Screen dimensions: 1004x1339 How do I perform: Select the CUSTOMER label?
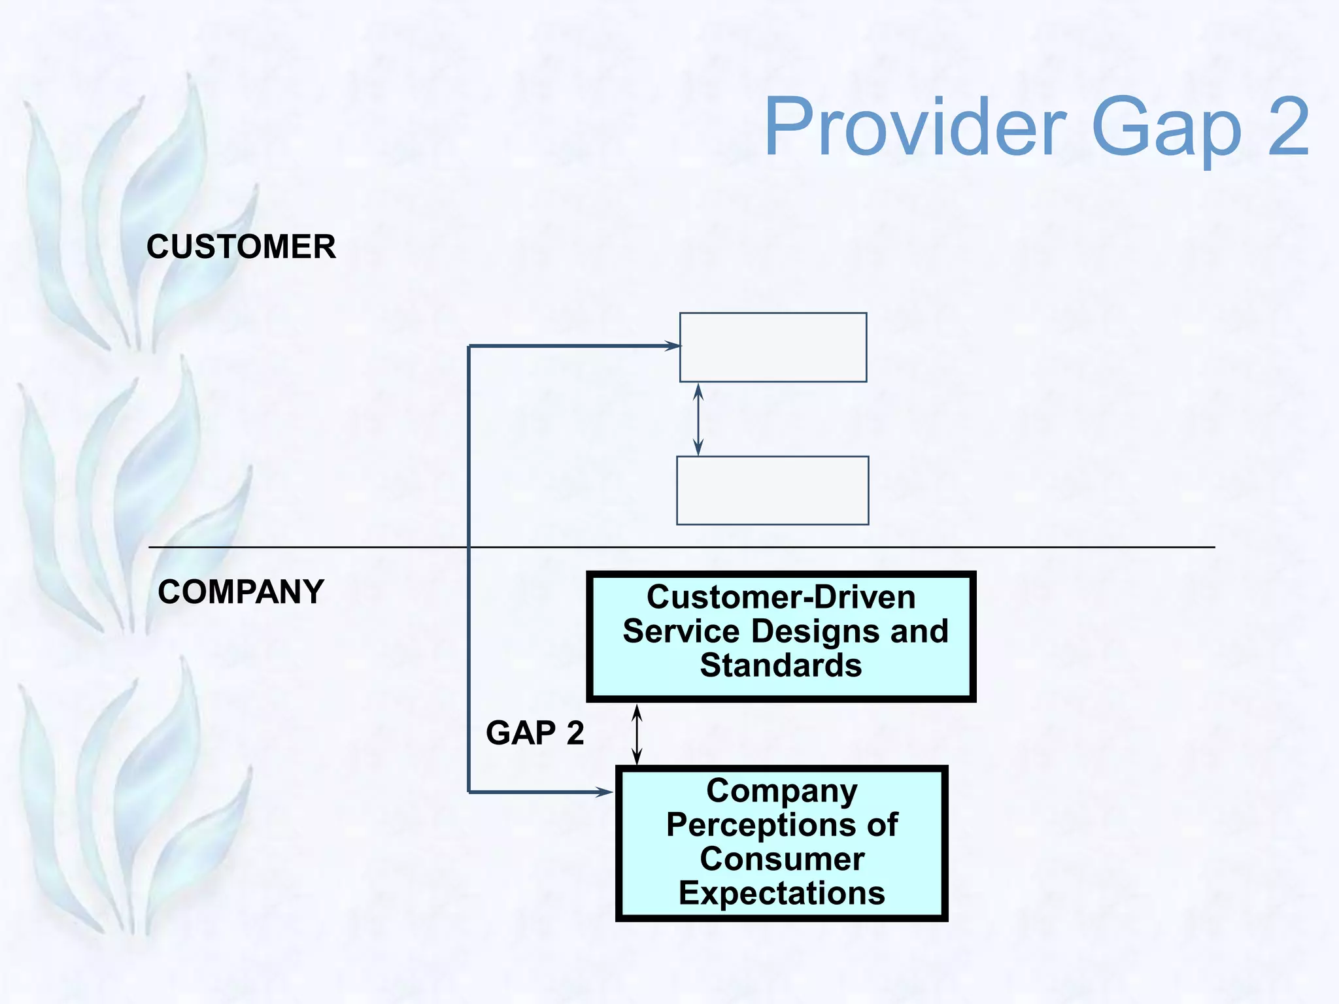(241, 247)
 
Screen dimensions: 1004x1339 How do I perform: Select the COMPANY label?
(241, 592)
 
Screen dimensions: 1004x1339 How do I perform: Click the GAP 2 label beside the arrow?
(535, 733)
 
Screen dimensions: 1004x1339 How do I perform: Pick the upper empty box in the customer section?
(773, 347)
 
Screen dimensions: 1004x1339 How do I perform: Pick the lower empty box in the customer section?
(772, 490)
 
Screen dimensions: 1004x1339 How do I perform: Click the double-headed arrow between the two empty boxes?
(698, 419)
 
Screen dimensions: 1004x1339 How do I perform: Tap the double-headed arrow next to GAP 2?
(637, 734)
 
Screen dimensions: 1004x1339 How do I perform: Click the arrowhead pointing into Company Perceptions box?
(604, 792)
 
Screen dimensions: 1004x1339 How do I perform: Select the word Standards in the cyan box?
(781, 665)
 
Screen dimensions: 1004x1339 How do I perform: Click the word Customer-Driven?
(781, 597)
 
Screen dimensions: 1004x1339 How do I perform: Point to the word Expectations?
(781, 893)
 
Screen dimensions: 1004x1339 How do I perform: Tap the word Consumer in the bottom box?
(781, 859)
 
